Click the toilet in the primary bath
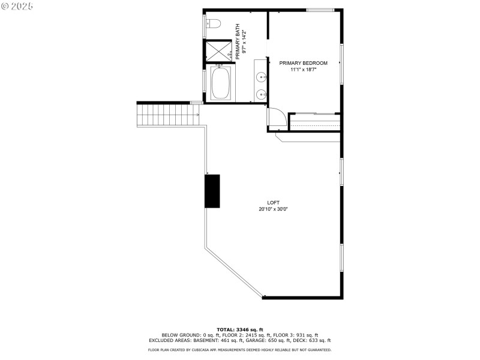[x=214, y=24]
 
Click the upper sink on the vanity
[x=261, y=76]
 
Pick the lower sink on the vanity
[x=261, y=94]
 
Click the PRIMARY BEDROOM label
[x=304, y=63]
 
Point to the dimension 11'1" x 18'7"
[x=304, y=70]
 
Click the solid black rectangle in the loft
[x=212, y=191]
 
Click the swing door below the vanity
[x=275, y=116]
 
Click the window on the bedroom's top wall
[x=320, y=10]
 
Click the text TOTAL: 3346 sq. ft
[x=240, y=329]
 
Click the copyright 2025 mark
[x=17, y=5]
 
